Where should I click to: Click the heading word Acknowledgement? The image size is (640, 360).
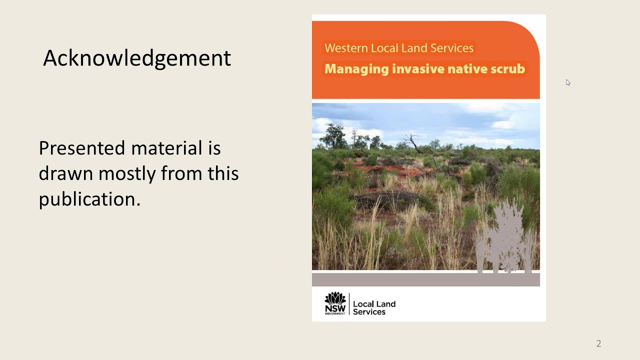(136, 58)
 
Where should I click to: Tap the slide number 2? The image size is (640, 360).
(598, 343)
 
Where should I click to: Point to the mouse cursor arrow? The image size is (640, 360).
(568, 82)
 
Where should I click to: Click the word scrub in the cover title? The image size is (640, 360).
(507, 68)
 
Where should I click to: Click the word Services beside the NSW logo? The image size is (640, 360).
(369, 312)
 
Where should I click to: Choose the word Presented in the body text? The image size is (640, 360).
(81, 148)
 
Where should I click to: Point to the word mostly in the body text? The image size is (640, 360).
(127, 173)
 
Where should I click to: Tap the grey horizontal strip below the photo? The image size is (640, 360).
(425, 279)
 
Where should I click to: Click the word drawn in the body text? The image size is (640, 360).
(65, 173)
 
